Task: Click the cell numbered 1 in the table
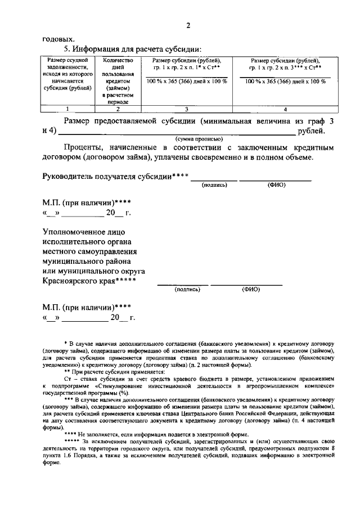(x=67, y=109)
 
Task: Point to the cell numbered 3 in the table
(x=187, y=109)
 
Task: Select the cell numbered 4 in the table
(x=285, y=109)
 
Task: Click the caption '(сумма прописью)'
(x=199, y=138)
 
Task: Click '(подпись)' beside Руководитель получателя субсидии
(x=214, y=184)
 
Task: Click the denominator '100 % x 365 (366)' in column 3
(x=187, y=82)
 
